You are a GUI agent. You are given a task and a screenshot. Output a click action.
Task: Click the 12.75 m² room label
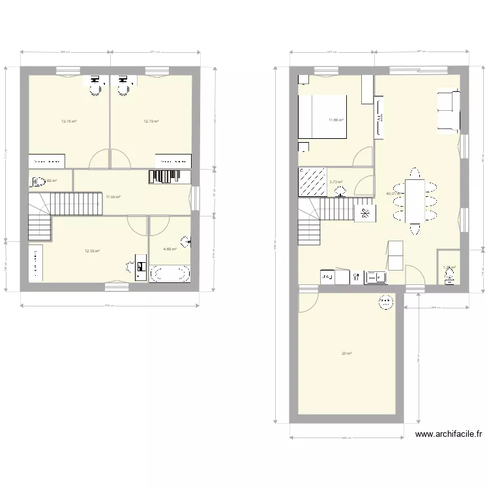coord(69,121)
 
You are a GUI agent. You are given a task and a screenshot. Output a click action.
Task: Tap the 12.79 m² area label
coord(151,121)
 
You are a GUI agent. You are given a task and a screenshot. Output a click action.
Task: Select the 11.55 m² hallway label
coord(113,196)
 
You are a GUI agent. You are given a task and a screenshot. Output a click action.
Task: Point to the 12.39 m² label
coord(92,250)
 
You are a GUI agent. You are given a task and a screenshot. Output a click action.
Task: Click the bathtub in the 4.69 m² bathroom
coord(170,273)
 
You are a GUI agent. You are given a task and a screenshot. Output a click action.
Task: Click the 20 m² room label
coord(346,353)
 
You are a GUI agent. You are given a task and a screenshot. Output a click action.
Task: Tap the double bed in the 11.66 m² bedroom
coord(322,117)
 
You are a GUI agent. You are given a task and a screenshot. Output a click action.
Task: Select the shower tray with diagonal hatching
coord(312,181)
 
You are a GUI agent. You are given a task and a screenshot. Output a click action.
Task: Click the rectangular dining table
coord(414,201)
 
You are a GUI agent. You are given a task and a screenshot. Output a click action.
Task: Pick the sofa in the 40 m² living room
coord(449,110)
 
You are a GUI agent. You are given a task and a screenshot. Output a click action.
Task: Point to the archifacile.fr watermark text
coord(448,434)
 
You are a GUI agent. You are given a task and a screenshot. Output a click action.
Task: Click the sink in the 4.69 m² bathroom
coord(186,242)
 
